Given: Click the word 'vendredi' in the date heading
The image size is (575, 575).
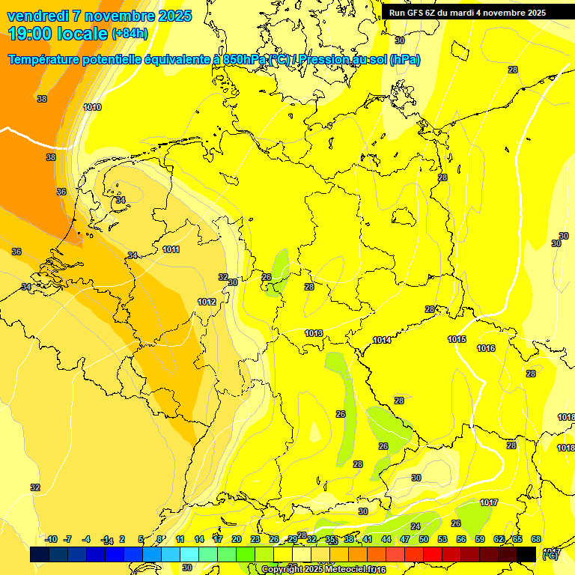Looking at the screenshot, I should (x=37, y=16).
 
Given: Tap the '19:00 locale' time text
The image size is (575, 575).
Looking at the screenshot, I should (x=58, y=34).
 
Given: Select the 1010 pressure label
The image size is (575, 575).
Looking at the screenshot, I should (x=92, y=108).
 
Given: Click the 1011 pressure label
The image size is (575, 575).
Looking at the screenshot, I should (x=171, y=249).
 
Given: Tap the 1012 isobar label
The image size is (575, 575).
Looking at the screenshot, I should (x=207, y=302).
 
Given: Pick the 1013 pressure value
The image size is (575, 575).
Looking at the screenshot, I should (x=314, y=333).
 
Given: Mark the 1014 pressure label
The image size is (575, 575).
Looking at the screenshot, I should (x=382, y=340).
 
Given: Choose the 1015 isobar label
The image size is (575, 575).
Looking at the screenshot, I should (x=457, y=339).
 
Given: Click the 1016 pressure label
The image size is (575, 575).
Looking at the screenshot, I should (x=486, y=348).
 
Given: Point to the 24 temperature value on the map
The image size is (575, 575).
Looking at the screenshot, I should (x=416, y=526).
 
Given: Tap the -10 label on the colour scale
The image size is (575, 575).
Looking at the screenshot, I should (x=51, y=539).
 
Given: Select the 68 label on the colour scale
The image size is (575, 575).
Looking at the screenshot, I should (x=536, y=539).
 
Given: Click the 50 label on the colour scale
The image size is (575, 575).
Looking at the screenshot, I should (x=424, y=539).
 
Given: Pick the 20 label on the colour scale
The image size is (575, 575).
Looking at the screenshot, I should (x=236, y=539).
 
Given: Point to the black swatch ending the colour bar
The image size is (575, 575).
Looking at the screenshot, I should (x=526, y=554).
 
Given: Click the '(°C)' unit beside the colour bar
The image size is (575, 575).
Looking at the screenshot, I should (x=550, y=556).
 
